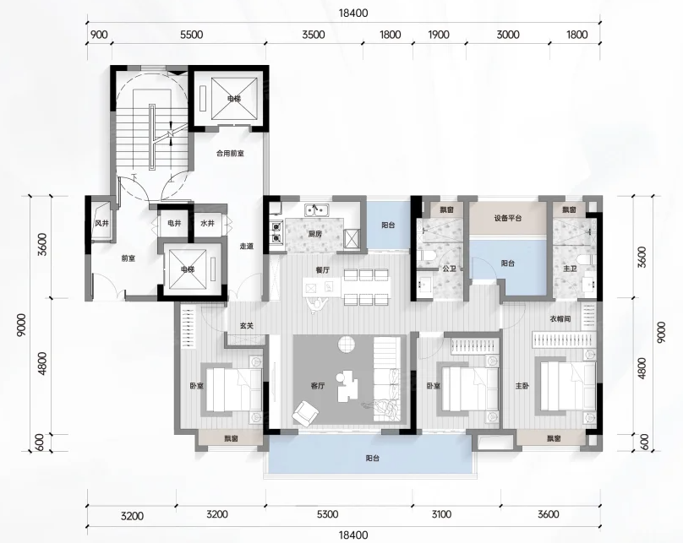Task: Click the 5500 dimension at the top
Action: [x=192, y=35]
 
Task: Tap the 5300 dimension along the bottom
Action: [x=327, y=514]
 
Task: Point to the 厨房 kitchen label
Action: [x=314, y=234]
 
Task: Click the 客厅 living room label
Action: [x=318, y=385]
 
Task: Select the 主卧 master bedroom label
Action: [x=522, y=385]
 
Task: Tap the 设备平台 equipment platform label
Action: [x=508, y=218]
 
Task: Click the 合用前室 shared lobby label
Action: [x=230, y=153]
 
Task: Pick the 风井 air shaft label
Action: [x=101, y=223]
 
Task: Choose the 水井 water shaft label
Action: [x=207, y=223]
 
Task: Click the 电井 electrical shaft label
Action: [x=174, y=223]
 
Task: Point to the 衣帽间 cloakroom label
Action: [x=560, y=319]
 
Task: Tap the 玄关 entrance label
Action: [x=246, y=325]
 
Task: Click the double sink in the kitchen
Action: [x=317, y=210]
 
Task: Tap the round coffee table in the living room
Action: [x=347, y=344]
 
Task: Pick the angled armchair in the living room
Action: [x=305, y=413]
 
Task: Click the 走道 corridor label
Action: [x=246, y=247]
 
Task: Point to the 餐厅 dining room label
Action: [x=322, y=269]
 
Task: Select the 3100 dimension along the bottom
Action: [x=441, y=514]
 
